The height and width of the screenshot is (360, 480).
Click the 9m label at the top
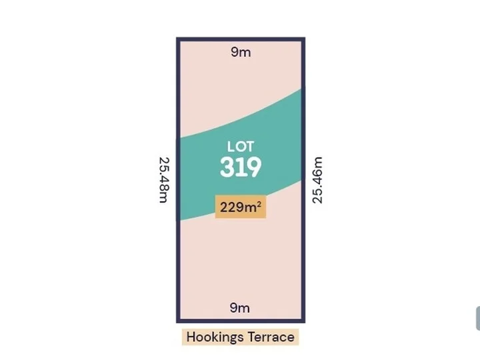click(x=241, y=52)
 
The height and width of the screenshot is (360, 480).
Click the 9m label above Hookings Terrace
click(x=239, y=307)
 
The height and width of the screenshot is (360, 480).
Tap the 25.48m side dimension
click(x=163, y=180)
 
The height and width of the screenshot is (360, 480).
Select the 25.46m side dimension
click(x=317, y=180)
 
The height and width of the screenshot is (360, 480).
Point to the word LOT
click(x=241, y=146)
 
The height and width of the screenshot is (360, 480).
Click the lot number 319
click(x=241, y=167)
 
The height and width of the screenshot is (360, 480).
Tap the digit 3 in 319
click(x=227, y=167)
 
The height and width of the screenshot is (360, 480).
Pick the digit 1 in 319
click(x=241, y=167)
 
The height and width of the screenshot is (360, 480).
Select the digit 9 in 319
click(x=253, y=167)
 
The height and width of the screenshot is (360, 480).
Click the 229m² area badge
click(x=240, y=207)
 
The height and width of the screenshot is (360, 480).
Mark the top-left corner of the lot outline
click(x=178, y=39)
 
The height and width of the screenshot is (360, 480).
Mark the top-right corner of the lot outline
click(x=303, y=39)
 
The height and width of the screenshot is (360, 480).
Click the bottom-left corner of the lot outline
click(x=178, y=320)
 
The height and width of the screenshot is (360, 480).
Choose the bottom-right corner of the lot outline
click(x=303, y=320)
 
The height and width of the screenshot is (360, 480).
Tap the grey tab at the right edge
click(x=477, y=319)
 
